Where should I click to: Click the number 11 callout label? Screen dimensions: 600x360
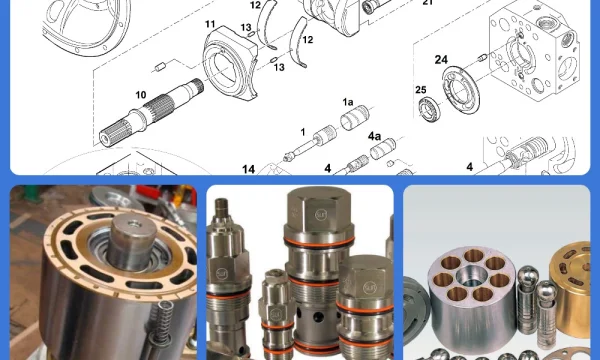tap(210, 24)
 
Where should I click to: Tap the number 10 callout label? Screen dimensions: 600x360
tap(141, 95)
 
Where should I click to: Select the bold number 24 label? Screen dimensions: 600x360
tap(441, 60)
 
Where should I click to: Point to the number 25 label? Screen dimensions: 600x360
tap(421, 90)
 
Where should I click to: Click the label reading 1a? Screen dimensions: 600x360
tap(347, 102)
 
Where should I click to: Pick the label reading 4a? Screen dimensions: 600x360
tap(374, 136)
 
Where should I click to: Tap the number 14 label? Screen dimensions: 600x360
tap(248, 169)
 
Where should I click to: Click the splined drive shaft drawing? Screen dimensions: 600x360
tap(151, 112)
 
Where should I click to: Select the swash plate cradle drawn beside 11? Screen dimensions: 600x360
tap(230, 63)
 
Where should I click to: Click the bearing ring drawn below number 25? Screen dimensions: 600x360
tap(429, 109)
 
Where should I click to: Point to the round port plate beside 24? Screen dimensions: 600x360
tap(461, 89)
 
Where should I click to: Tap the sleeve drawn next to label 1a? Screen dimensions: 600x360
tap(355, 118)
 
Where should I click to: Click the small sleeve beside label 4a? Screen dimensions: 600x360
tap(383, 149)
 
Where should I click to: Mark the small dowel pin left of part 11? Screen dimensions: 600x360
tap(160, 68)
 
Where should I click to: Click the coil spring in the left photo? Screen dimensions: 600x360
tap(162, 320)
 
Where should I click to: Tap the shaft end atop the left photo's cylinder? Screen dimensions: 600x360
tap(133, 242)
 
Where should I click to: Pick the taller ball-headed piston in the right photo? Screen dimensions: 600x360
tap(528, 300)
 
